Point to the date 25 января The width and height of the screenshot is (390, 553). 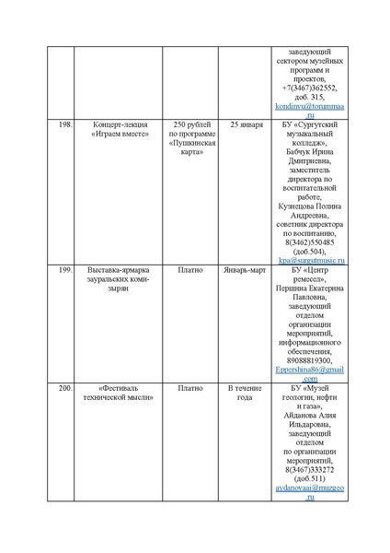246,124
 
